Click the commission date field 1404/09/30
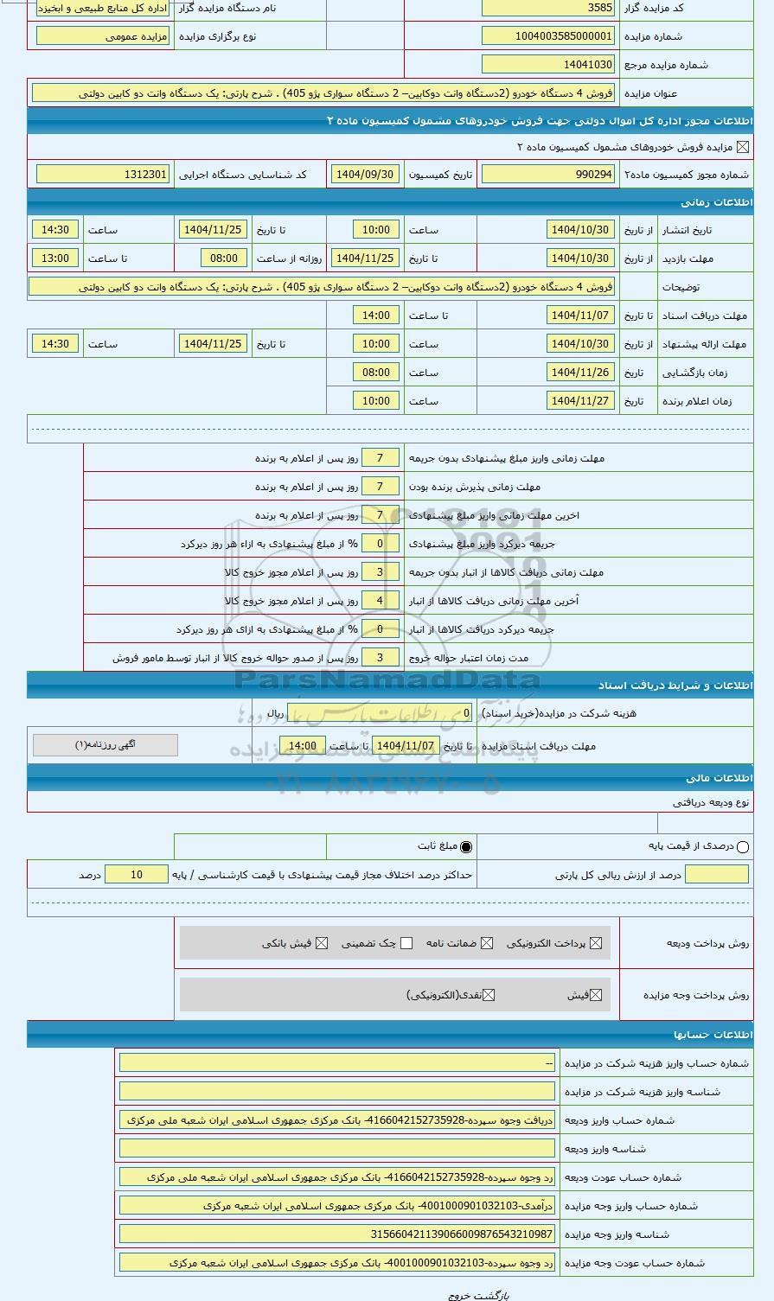point(364,175)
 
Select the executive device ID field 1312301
point(103,175)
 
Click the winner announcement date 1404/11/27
point(580,401)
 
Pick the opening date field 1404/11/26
point(580,373)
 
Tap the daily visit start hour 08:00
point(224,258)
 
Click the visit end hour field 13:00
point(55,258)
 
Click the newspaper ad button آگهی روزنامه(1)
point(106,745)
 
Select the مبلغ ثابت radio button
point(467,847)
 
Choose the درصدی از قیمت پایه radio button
point(743,847)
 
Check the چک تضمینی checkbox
point(406,943)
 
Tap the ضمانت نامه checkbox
point(487,943)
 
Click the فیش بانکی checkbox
point(322,943)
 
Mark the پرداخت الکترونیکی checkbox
point(596,943)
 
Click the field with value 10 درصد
point(137,875)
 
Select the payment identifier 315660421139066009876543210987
point(337,1234)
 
